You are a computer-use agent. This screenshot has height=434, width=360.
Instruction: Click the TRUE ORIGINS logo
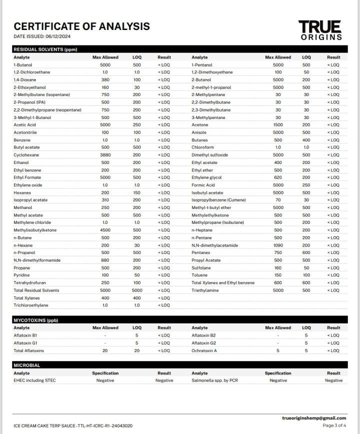point(320,30)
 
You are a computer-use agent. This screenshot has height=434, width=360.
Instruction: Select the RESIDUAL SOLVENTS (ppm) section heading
point(45,49)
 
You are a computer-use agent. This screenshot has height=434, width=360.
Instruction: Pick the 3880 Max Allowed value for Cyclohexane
point(105,155)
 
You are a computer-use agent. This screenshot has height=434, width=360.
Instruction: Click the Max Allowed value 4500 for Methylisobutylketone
point(105,230)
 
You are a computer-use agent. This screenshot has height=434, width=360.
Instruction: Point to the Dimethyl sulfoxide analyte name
point(209,155)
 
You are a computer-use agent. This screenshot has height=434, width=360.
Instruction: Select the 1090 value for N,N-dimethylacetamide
point(278,245)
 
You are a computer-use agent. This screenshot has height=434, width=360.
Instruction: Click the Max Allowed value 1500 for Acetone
point(278,125)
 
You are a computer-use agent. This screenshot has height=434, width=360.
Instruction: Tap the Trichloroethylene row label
point(30,305)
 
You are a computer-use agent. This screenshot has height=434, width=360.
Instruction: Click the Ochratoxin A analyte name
point(204,350)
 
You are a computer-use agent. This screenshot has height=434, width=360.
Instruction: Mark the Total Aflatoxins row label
point(28,350)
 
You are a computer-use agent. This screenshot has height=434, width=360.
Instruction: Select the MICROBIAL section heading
point(27,365)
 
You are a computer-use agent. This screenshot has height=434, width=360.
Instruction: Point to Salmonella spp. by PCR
point(217,380)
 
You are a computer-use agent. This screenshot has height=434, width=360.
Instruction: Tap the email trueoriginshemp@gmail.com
point(314,418)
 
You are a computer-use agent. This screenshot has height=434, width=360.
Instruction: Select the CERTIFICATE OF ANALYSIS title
point(81,26)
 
